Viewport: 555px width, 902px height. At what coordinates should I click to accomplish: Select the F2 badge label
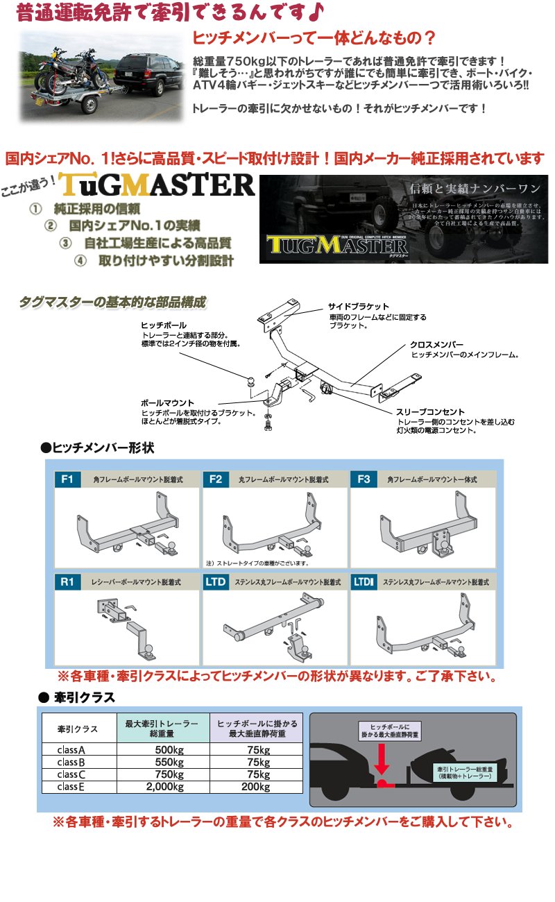(x=216, y=479)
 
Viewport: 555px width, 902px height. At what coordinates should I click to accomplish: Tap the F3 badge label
(x=364, y=479)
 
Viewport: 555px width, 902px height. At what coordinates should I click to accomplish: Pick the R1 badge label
(x=67, y=582)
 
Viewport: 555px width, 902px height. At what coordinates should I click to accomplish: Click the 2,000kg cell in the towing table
(x=165, y=786)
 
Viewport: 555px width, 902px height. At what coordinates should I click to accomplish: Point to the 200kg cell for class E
(x=256, y=786)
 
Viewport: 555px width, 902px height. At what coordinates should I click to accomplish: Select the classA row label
(x=72, y=749)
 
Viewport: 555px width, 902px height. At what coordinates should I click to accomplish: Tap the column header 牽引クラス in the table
(x=78, y=729)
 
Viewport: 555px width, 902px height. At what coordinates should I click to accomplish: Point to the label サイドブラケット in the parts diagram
(x=359, y=306)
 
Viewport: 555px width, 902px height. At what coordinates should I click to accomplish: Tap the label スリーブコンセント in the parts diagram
(x=431, y=411)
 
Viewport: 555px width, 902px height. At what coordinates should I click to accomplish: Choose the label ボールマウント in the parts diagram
(x=167, y=402)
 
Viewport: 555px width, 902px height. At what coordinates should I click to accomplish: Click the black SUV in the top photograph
(x=142, y=71)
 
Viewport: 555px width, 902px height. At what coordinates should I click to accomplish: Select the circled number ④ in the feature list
(x=80, y=261)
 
